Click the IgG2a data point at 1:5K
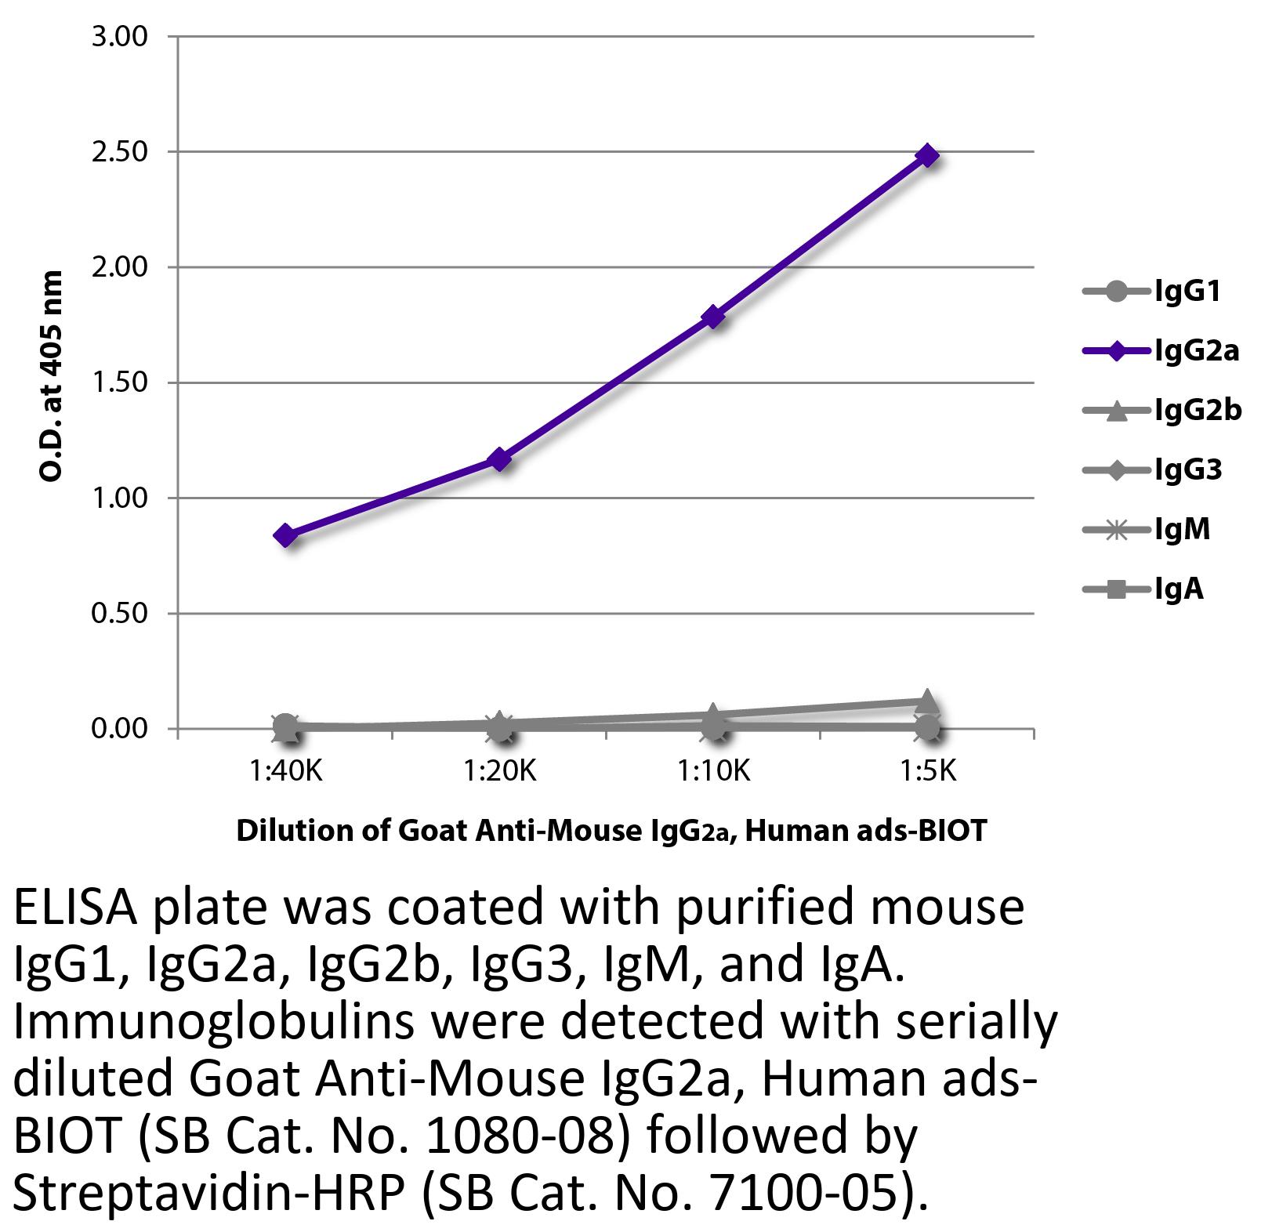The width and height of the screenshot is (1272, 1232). click(927, 155)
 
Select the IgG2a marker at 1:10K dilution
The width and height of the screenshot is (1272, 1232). click(713, 317)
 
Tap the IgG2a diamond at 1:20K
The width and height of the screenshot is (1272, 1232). click(499, 459)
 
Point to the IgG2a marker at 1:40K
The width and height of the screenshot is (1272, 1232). click(285, 536)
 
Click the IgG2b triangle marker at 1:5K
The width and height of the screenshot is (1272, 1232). click(927, 700)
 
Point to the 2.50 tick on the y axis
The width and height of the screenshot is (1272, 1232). click(120, 152)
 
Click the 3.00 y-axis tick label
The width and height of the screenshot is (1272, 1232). click(120, 37)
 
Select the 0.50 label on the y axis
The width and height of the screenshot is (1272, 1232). click(120, 614)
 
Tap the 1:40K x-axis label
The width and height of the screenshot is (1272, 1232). click(285, 772)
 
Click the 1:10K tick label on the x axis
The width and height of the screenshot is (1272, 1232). click(713, 772)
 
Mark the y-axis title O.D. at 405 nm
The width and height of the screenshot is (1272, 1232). click(51, 376)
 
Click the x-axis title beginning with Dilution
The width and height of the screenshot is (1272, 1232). click(611, 830)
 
